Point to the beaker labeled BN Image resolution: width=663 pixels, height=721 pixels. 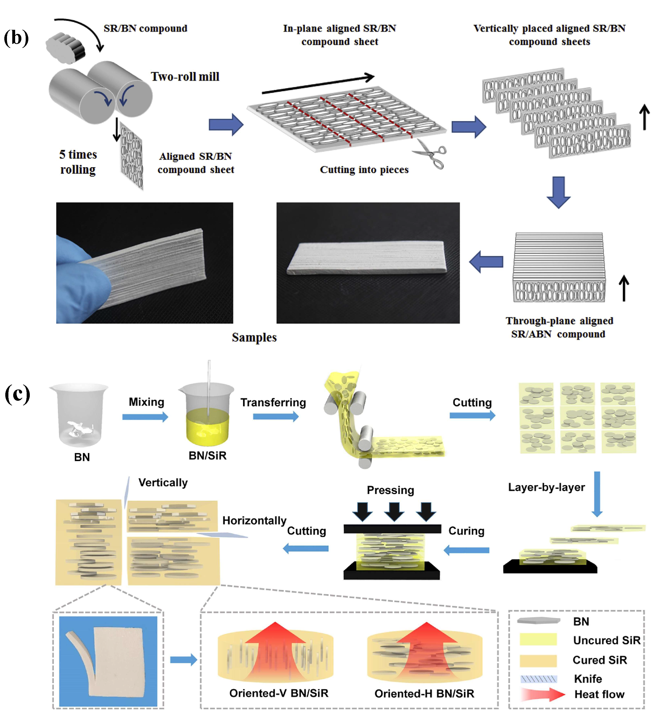(79, 414)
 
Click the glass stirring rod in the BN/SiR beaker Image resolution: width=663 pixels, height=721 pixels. (209, 388)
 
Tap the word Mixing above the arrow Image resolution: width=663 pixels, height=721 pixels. (146, 402)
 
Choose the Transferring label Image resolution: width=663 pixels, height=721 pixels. (273, 403)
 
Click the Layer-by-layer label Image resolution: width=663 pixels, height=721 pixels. (546, 487)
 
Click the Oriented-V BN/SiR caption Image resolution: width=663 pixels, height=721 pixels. (279, 693)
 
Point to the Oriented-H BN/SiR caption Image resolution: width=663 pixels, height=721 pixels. (424, 693)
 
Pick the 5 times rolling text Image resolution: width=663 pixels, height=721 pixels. (78, 162)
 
